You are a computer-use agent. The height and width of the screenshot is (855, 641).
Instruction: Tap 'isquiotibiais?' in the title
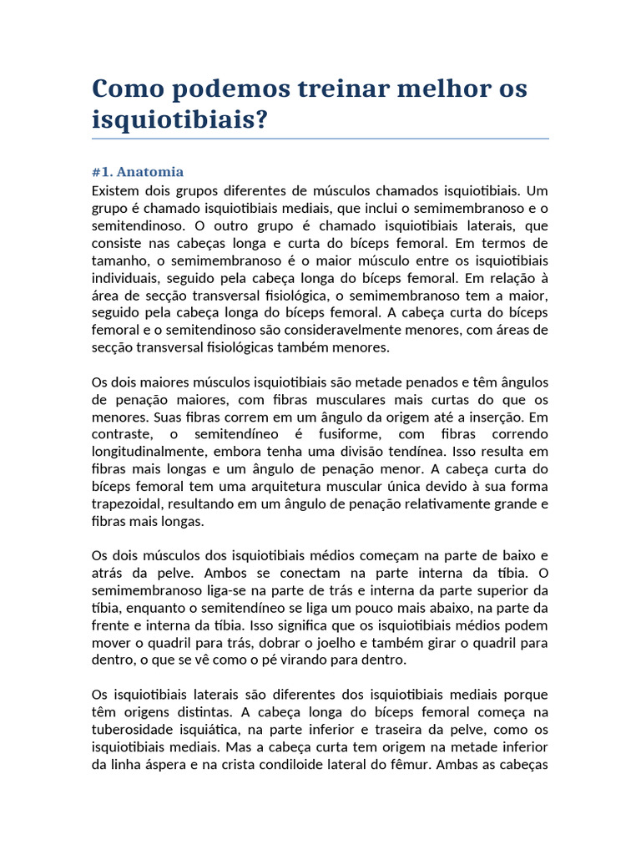click(180, 119)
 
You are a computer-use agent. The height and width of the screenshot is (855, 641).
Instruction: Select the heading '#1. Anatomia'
click(138, 172)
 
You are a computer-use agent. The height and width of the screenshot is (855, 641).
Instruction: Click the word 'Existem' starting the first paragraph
click(117, 190)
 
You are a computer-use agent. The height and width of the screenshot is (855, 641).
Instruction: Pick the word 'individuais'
click(126, 278)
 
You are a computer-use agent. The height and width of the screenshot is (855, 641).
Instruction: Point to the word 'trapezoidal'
click(129, 504)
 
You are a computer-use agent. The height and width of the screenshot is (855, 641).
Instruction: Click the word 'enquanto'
click(153, 608)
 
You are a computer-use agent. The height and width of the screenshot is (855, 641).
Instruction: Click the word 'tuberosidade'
click(132, 730)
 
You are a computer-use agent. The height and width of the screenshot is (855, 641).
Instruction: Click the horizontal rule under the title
click(320, 139)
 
